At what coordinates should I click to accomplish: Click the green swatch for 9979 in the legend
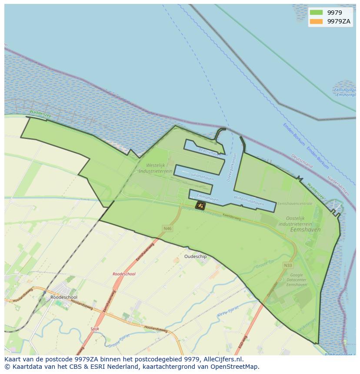coord(316,13)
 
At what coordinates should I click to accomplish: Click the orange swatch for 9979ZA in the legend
coord(316,21)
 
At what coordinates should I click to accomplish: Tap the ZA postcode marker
coord(200,205)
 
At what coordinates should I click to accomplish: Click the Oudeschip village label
coord(196,257)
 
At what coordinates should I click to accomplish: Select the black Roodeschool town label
coord(64,297)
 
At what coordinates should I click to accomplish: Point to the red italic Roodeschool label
coord(124,274)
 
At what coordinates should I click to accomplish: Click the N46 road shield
coord(167,228)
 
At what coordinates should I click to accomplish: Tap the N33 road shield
coord(287,265)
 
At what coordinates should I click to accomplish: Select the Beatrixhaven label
coord(210,152)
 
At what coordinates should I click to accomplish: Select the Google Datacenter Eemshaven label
coord(297,280)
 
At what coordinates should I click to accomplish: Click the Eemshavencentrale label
coord(295,203)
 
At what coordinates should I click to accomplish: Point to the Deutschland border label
coord(302,161)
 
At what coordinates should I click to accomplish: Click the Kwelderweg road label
coord(231,216)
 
